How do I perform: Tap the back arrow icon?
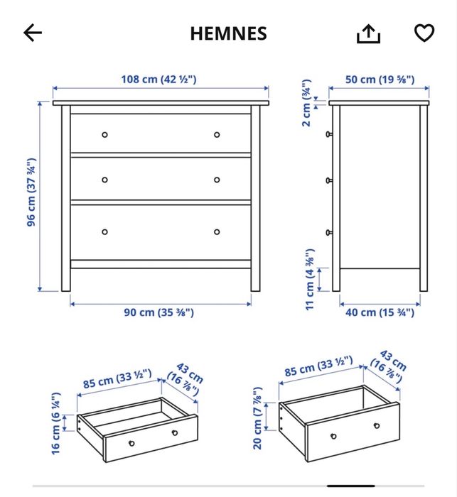tap(33, 33)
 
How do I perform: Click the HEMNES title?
tap(228, 33)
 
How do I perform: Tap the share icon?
tap(369, 33)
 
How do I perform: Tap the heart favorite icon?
tap(424, 33)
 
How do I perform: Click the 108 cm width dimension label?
tap(158, 79)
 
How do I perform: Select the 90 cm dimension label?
tap(160, 312)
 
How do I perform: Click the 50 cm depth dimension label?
tap(380, 79)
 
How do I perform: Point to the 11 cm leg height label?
tap(309, 280)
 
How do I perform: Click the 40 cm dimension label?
tap(380, 312)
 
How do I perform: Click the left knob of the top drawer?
tap(104, 134)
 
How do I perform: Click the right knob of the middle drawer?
tap(217, 180)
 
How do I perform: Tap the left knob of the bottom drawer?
tap(104, 231)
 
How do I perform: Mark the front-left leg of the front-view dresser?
tap(66, 277)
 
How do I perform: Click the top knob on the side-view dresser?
tap(329, 133)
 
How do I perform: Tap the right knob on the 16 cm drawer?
tap(174, 432)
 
